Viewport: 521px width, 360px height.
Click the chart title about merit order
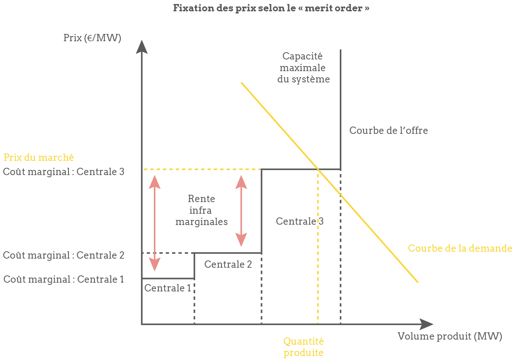(x=271, y=8)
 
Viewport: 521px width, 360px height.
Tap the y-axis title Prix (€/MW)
(x=92, y=38)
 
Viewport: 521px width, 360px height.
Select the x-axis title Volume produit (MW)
(x=450, y=336)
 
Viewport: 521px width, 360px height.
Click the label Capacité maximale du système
(x=303, y=67)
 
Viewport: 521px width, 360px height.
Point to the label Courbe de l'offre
(x=388, y=130)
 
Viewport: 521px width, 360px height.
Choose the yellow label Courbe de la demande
(x=460, y=248)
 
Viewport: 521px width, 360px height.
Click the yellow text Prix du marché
(x=39, y=158)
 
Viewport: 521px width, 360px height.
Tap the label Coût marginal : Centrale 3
(x=64, y=171)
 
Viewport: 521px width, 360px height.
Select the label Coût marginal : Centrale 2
(x=64, y=255)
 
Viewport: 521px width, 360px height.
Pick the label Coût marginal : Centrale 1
(x=64, y=279)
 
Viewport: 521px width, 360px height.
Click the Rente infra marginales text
(x=201, y=210)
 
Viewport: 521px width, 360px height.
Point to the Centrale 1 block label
(x=168, y=288)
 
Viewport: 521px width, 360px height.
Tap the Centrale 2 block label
(x=228, y=264)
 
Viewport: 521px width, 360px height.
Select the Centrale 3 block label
(x=299, y=221)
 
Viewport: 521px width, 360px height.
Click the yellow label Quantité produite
(x=303, y=347)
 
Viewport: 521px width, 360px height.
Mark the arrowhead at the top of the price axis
(x=142, y=47)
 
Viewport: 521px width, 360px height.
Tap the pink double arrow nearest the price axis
(x=155, y=223)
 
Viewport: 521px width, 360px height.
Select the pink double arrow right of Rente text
(x=241, y=210)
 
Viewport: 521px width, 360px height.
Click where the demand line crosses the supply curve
(x=318, y=169)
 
